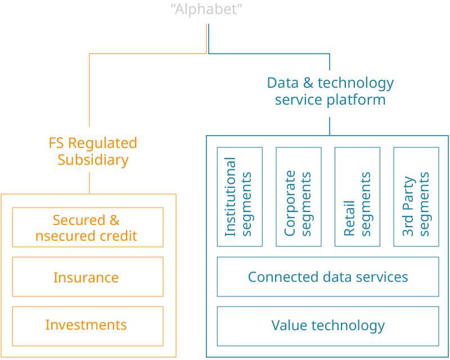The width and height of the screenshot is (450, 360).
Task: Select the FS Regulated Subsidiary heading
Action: pos(93,151)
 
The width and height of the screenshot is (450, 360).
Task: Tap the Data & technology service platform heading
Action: pos(330,91)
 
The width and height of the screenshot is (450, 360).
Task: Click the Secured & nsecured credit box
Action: pos(88,227)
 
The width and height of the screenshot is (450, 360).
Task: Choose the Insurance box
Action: pos(88,277)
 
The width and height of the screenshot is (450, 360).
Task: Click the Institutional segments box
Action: pos(240,197)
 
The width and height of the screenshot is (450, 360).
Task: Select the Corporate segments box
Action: pos(299,197)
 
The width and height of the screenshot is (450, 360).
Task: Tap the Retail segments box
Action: pos(357,197)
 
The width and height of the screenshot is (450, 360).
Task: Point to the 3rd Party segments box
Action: pos(416,197)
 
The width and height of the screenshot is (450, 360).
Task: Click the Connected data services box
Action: pos(328,277)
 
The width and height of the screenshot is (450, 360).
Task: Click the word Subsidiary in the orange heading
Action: pos(93,160)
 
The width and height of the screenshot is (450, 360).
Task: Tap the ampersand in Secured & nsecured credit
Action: pos(113,220)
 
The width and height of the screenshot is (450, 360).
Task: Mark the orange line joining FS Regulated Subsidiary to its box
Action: pos(89,182)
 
